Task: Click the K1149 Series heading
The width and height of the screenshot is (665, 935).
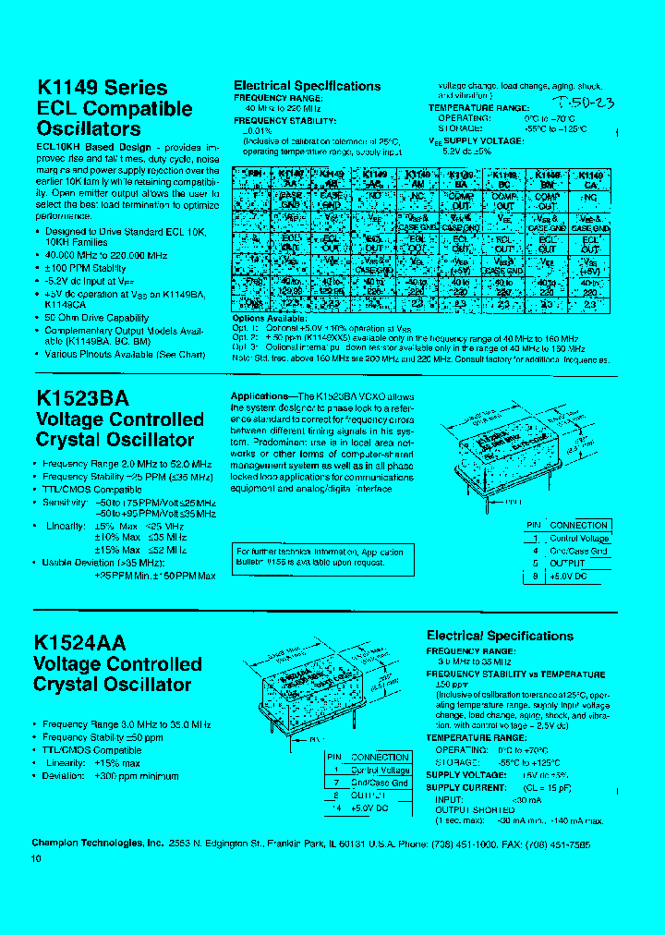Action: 102,88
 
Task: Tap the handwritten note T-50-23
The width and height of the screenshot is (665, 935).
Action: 581,102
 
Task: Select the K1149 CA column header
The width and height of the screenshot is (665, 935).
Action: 590,178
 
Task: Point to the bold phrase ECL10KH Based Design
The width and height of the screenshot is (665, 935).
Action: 93,147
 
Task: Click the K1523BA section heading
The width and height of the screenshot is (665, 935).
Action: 82,397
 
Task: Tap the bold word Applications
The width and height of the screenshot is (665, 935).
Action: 259,396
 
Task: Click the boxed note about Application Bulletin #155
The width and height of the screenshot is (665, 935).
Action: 320,557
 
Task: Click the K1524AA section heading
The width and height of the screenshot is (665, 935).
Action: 79,643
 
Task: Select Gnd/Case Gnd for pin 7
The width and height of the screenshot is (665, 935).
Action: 380,783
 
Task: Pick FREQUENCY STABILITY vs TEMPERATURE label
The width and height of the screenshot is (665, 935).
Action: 515,674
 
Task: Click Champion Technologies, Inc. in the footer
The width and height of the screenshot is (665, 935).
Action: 98,844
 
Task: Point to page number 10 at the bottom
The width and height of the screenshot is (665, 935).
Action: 37,859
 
